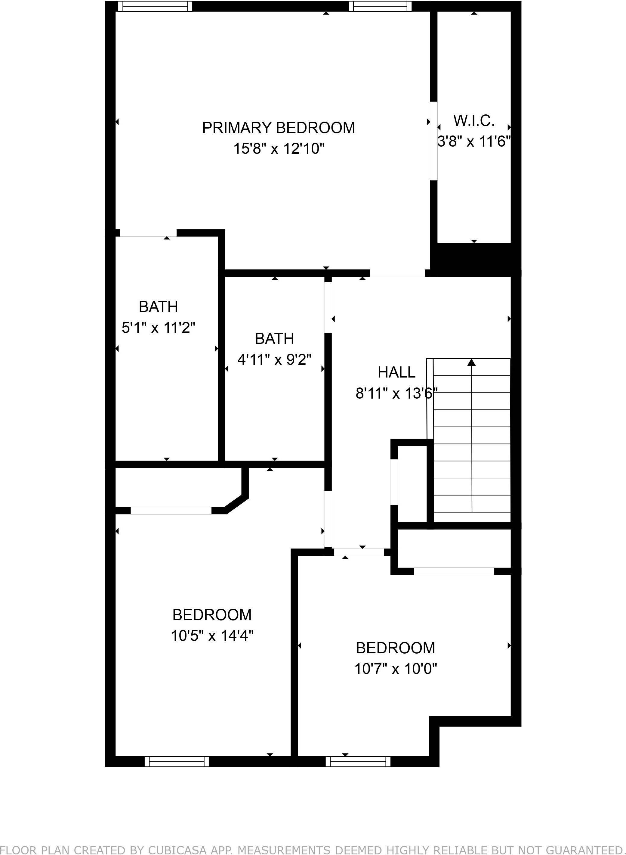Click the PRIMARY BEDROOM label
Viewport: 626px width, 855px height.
tap(279, 128)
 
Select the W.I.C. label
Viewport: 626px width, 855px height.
tap(474, 120)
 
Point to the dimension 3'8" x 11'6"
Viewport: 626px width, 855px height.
tap(474, 142)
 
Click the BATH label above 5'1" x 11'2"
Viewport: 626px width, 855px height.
tap(159, 306)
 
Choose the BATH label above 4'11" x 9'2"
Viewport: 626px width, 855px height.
tap(274, 338)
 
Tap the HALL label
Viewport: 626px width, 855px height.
tap(396, 372)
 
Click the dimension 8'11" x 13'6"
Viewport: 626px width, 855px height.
tap(396, 393)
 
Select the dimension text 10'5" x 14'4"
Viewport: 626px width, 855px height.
tap(212, 636)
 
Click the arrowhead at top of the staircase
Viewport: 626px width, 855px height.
tap(471, 362)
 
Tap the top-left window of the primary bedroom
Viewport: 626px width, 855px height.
tap(155, 6)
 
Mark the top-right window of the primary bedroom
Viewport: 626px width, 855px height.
tap(380, 6)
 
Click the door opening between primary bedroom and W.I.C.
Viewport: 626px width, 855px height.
tap(434, 141)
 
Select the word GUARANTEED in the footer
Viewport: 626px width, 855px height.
tap(591, 849)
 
